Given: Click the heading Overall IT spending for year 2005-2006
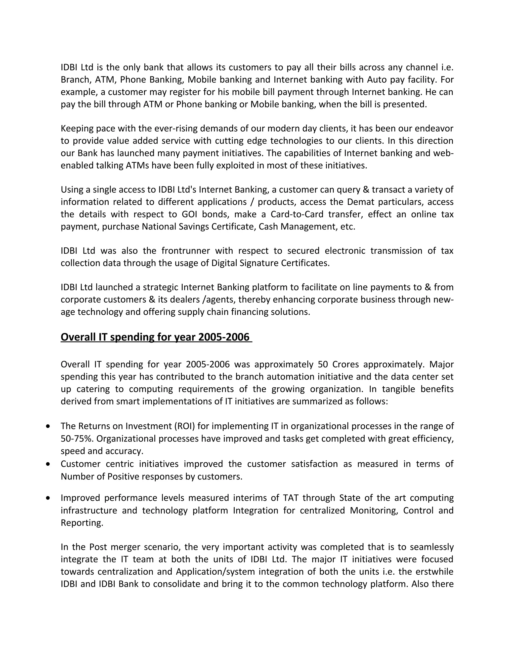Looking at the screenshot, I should click(156, 337).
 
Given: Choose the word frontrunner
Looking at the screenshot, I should click(186, 251).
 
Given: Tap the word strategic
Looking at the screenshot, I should click(160, 287).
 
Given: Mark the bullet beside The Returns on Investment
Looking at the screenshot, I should click(48, 426).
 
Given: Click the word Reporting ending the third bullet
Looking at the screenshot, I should click(82, 523).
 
